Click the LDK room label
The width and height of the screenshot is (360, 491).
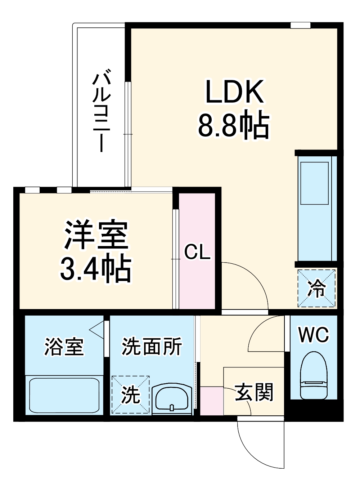tap(234, 92)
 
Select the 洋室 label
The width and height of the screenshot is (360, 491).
tap(96, 235)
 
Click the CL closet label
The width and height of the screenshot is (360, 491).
tap(197, 252)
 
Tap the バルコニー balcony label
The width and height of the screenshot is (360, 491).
tap(102, 112)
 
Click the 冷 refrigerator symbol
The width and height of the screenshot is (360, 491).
tap(316, 288)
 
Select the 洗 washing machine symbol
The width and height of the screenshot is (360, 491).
tap(130, 394)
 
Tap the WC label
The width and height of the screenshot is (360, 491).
tap(314, 335)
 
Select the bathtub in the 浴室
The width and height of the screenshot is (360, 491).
tap(64, 395)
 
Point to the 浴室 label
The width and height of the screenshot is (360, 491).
tap(64, 347)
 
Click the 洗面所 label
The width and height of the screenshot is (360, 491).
tap(152, 347)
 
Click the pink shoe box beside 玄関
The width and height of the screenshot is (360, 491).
tap(212, 400)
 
